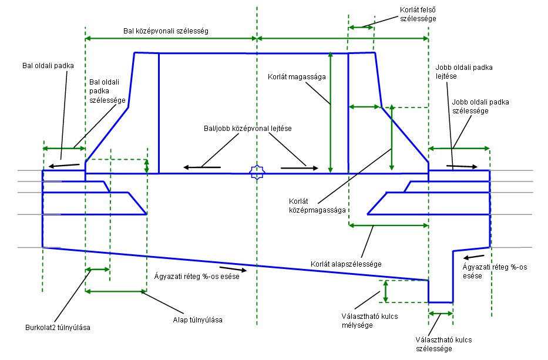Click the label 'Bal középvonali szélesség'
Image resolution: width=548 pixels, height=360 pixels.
point(166,29)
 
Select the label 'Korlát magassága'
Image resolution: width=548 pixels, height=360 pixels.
point(297,76)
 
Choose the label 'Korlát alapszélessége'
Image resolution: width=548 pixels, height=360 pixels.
point(347,264)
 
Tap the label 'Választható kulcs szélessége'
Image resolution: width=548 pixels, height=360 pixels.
point(443,345)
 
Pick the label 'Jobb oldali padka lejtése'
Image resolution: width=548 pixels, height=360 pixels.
point(455,72)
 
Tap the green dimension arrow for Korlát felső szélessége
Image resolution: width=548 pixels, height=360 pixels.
point(361,26)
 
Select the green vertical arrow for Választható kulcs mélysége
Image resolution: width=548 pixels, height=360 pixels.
point(386,291)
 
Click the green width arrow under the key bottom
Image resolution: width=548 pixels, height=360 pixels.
point(441,314)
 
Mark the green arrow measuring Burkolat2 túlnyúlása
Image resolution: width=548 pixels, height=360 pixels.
point(98,270)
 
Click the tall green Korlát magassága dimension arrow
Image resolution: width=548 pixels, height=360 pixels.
point(331,112)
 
